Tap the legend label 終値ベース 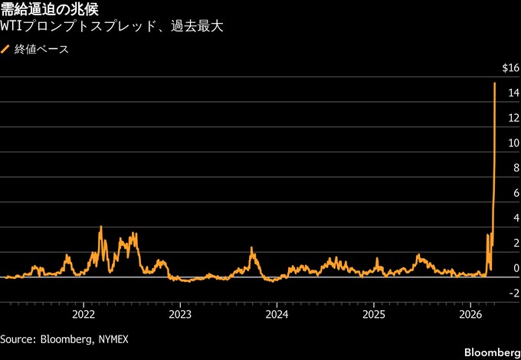point(41,50)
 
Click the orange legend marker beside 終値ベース point(6,50)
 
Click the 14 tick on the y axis point(513,93)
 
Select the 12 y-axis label point(513,119)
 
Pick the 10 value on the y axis point(513,143)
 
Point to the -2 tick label point(513,293)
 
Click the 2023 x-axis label point(180,314)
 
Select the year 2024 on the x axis point(277,314)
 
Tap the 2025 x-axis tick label point(373,314)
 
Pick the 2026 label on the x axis point(470,314)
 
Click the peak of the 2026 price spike point(495,83)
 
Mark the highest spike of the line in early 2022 point(100,227)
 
